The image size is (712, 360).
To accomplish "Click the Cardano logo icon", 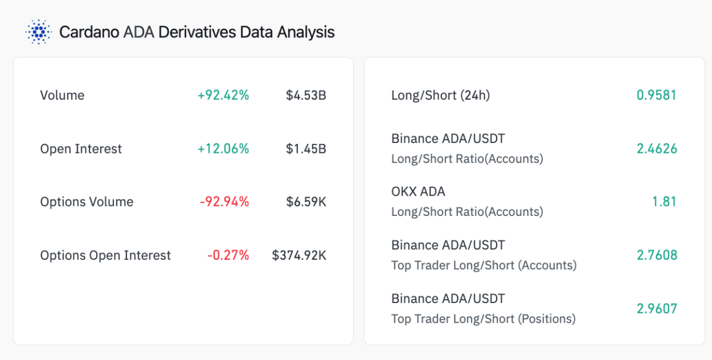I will (x=39, y=31).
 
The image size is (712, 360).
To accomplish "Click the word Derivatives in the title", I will (x=196, y=31).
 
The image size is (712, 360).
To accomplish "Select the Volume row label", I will (x=62, y=95).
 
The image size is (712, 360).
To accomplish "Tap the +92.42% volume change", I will (x=223, y=95).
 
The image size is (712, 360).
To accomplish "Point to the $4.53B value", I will (x=306, y=95).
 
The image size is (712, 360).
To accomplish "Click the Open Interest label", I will (x=81, y=149).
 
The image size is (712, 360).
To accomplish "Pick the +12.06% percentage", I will (x=223, y=149).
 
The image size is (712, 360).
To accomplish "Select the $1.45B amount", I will (x=306, y=149).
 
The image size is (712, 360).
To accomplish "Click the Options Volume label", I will (x=87, y=202).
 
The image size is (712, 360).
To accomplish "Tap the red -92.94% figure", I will (x=224, y=202).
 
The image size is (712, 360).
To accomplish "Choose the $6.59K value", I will (x=306, y=202).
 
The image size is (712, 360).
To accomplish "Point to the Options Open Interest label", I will (x=106, y=256).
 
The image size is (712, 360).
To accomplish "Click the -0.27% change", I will (x=228, y=256).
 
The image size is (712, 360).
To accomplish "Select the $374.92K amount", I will (x=299, y=256).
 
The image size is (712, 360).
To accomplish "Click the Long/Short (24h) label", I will (x=440, y=95).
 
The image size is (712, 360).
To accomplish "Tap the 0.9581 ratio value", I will (x=656, y=95).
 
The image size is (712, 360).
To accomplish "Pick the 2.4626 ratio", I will (x=656, y=149).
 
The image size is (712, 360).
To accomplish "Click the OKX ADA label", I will (x=418, y=192).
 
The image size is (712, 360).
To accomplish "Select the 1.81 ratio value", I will (x=664, y=202).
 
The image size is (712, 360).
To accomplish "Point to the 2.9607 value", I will (x=656, y=309).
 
